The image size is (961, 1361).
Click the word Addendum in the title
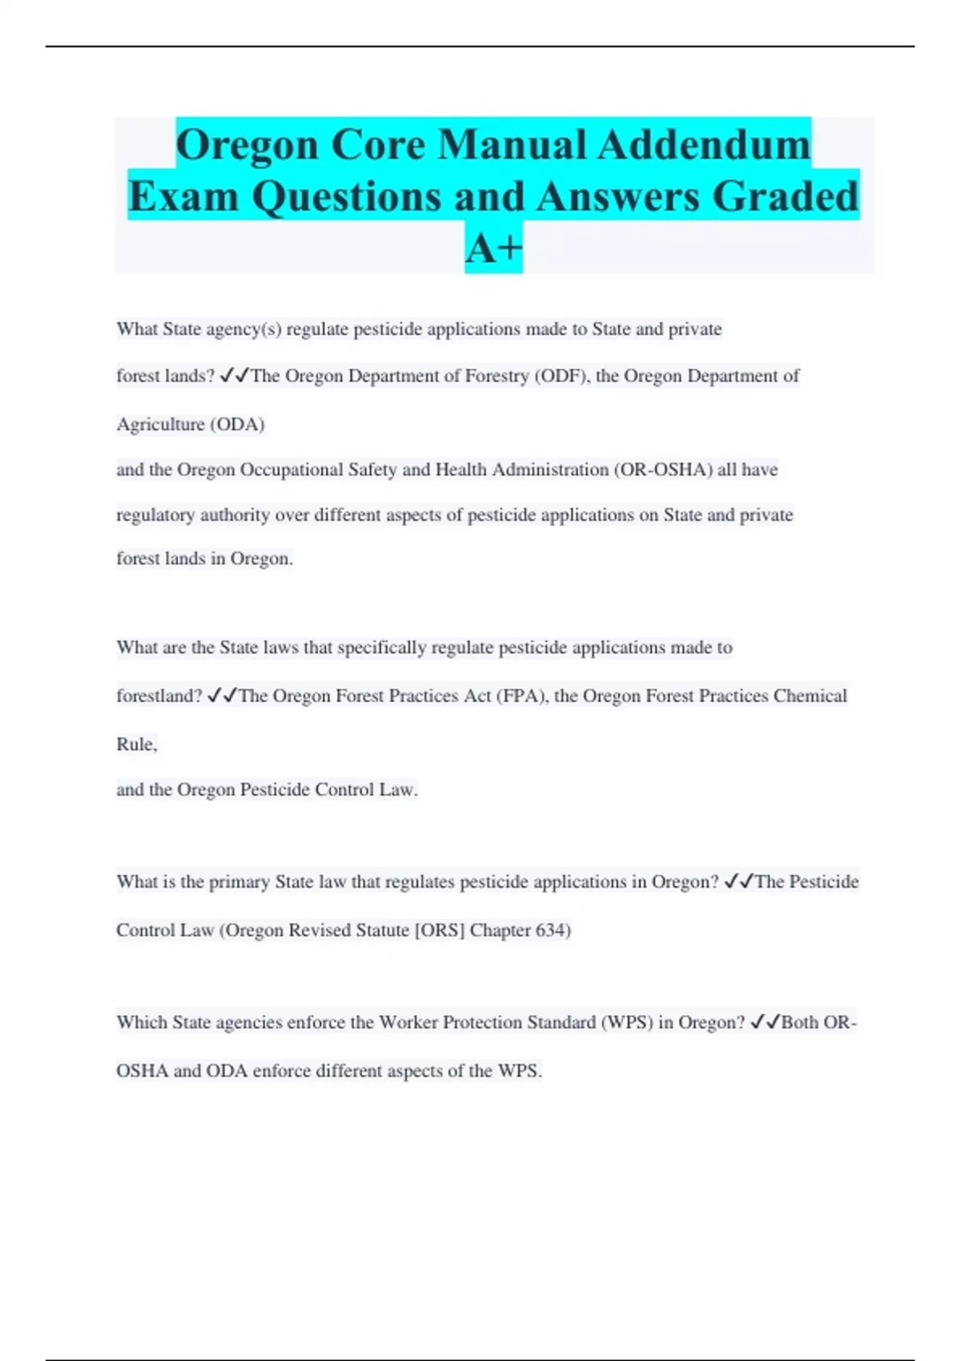coord(705,145)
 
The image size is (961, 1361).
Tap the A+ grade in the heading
coord(493,248)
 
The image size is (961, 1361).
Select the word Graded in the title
coord(786,196)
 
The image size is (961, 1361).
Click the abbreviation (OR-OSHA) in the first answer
coord(663,470)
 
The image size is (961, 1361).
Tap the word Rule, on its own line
coord(137,745)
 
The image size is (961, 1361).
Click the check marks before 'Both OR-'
coord(765,1022)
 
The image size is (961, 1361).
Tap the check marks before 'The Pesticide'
coord(738,881)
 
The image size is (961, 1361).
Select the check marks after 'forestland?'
coord(221,697)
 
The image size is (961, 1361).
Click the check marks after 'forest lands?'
coord(234,375)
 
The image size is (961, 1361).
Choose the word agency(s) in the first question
coord(243,330)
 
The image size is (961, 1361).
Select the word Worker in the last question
coord(408,1023)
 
